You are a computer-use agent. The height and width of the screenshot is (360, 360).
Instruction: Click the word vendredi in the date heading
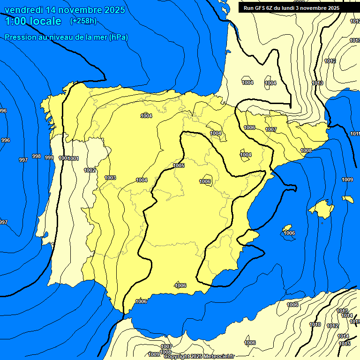[23, 10]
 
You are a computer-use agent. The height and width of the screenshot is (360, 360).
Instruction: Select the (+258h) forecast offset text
[83, 21]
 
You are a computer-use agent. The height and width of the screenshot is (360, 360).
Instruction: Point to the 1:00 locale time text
[33, 21]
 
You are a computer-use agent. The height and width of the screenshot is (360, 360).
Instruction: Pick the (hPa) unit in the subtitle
[118, 37]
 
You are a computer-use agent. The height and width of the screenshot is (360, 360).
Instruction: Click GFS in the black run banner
[261, 8]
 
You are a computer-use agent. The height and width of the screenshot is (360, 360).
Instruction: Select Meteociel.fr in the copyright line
[217, 357]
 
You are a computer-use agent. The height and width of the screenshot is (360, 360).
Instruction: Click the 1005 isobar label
[179, 165]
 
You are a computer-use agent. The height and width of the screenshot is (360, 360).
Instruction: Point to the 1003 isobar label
[110, 178]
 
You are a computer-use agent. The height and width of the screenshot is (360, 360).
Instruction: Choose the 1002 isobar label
[90, 170]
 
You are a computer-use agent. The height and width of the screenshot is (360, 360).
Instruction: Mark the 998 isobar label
[36, 156]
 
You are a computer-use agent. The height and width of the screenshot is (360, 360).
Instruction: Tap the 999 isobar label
[49, 157]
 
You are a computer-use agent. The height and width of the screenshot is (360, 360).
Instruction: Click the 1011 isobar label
[355, 134]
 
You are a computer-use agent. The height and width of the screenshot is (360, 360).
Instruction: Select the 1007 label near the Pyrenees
[271, 129]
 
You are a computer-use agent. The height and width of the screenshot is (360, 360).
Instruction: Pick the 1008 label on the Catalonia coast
[306, 150]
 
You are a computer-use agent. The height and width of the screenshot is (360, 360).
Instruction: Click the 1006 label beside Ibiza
[289, 233]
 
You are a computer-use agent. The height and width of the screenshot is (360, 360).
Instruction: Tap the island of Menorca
[347, 199]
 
